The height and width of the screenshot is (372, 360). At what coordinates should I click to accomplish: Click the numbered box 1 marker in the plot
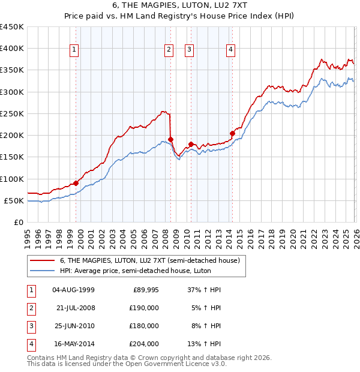[x=74, y=50]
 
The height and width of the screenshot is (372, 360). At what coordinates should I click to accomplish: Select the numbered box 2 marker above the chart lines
[x=169, y=50]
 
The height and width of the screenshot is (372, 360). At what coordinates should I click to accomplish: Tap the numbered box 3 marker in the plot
[x=189, y=50]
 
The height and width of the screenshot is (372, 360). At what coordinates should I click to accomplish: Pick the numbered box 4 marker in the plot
[x=230, y=50]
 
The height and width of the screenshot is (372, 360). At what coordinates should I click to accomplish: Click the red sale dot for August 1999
[x=76, y=183]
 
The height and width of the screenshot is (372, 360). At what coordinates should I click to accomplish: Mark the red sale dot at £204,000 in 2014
[x=232, y=133]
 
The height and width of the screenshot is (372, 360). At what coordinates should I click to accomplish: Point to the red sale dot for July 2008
[x=171, y=139]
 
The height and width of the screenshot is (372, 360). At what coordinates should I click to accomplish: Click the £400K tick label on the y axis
[x=12, y=49]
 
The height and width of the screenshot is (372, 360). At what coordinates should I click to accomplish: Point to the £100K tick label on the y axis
[x=12, y=179]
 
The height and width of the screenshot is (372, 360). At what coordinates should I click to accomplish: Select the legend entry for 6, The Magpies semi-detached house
[x=149, y=260]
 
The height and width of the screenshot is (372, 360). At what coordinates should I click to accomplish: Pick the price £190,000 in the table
[x=144, y=308]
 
